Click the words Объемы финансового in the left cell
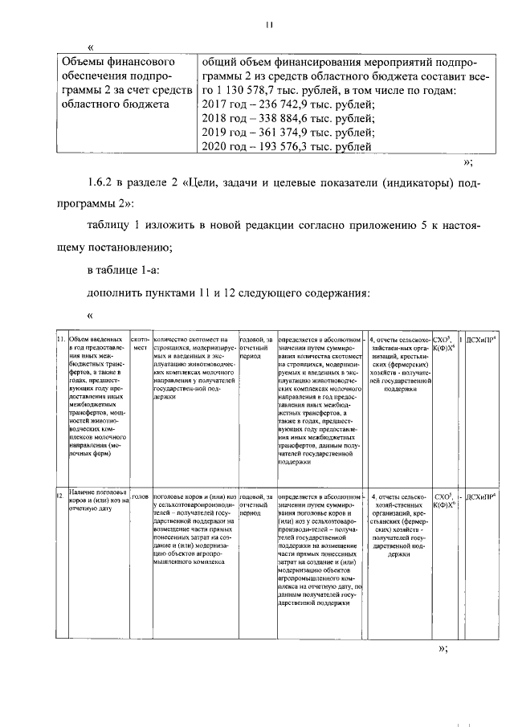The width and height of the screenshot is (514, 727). [118, 62]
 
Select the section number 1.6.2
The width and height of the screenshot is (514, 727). [103, 185]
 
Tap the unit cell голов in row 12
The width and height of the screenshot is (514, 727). [139, 497]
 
